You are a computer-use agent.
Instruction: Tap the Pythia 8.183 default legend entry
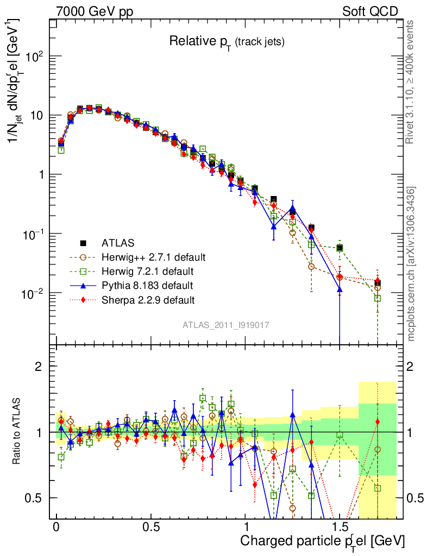[147, 285]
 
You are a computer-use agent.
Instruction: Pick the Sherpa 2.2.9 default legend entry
[148, 299]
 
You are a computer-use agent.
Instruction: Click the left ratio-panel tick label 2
[39, 367]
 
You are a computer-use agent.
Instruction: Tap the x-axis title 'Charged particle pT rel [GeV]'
[322, 541]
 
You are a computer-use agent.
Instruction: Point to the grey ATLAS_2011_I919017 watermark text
[225, 325]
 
